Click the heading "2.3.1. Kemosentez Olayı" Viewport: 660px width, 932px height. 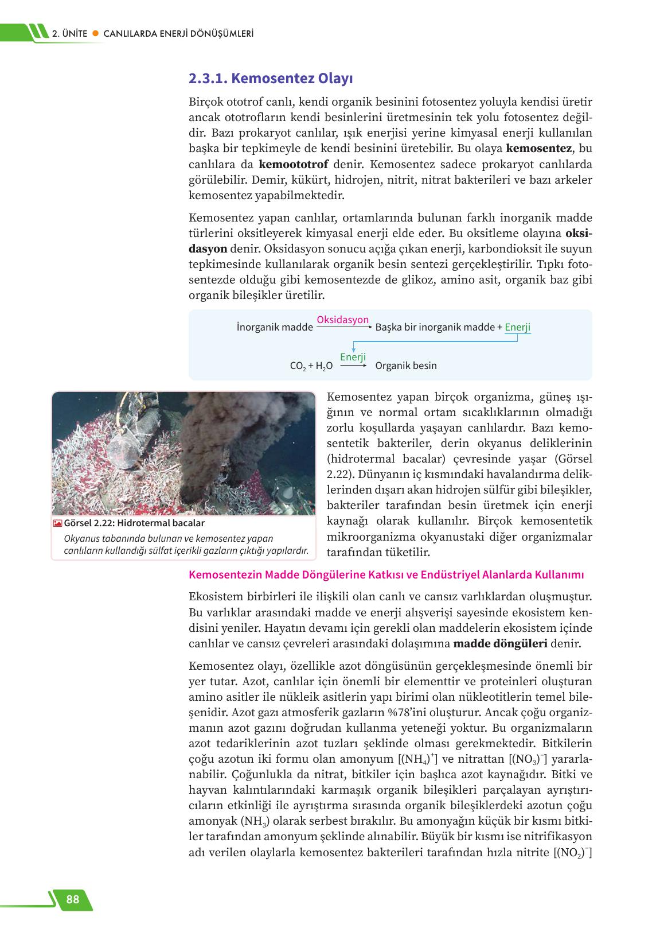[270, 78]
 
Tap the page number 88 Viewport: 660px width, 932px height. [73, 899]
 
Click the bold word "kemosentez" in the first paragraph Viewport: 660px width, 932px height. [539, 149]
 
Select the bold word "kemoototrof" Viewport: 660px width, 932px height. [294, 164]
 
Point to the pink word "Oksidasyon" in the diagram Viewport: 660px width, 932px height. [342, 320]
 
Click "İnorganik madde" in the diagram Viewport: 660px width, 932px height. [275, 327]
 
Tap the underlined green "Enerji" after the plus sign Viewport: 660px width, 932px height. [517, 327]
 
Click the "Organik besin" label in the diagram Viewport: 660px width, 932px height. [405, 366]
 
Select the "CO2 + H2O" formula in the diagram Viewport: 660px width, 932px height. [311, 366]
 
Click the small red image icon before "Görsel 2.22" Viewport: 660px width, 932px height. [57, 523]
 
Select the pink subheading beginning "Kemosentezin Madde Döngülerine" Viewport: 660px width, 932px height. [386, 574]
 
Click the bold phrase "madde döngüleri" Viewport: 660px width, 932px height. [500, 643]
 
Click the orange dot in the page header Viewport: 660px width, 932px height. [96, 34]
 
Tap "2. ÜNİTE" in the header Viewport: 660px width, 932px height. [70, 34]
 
